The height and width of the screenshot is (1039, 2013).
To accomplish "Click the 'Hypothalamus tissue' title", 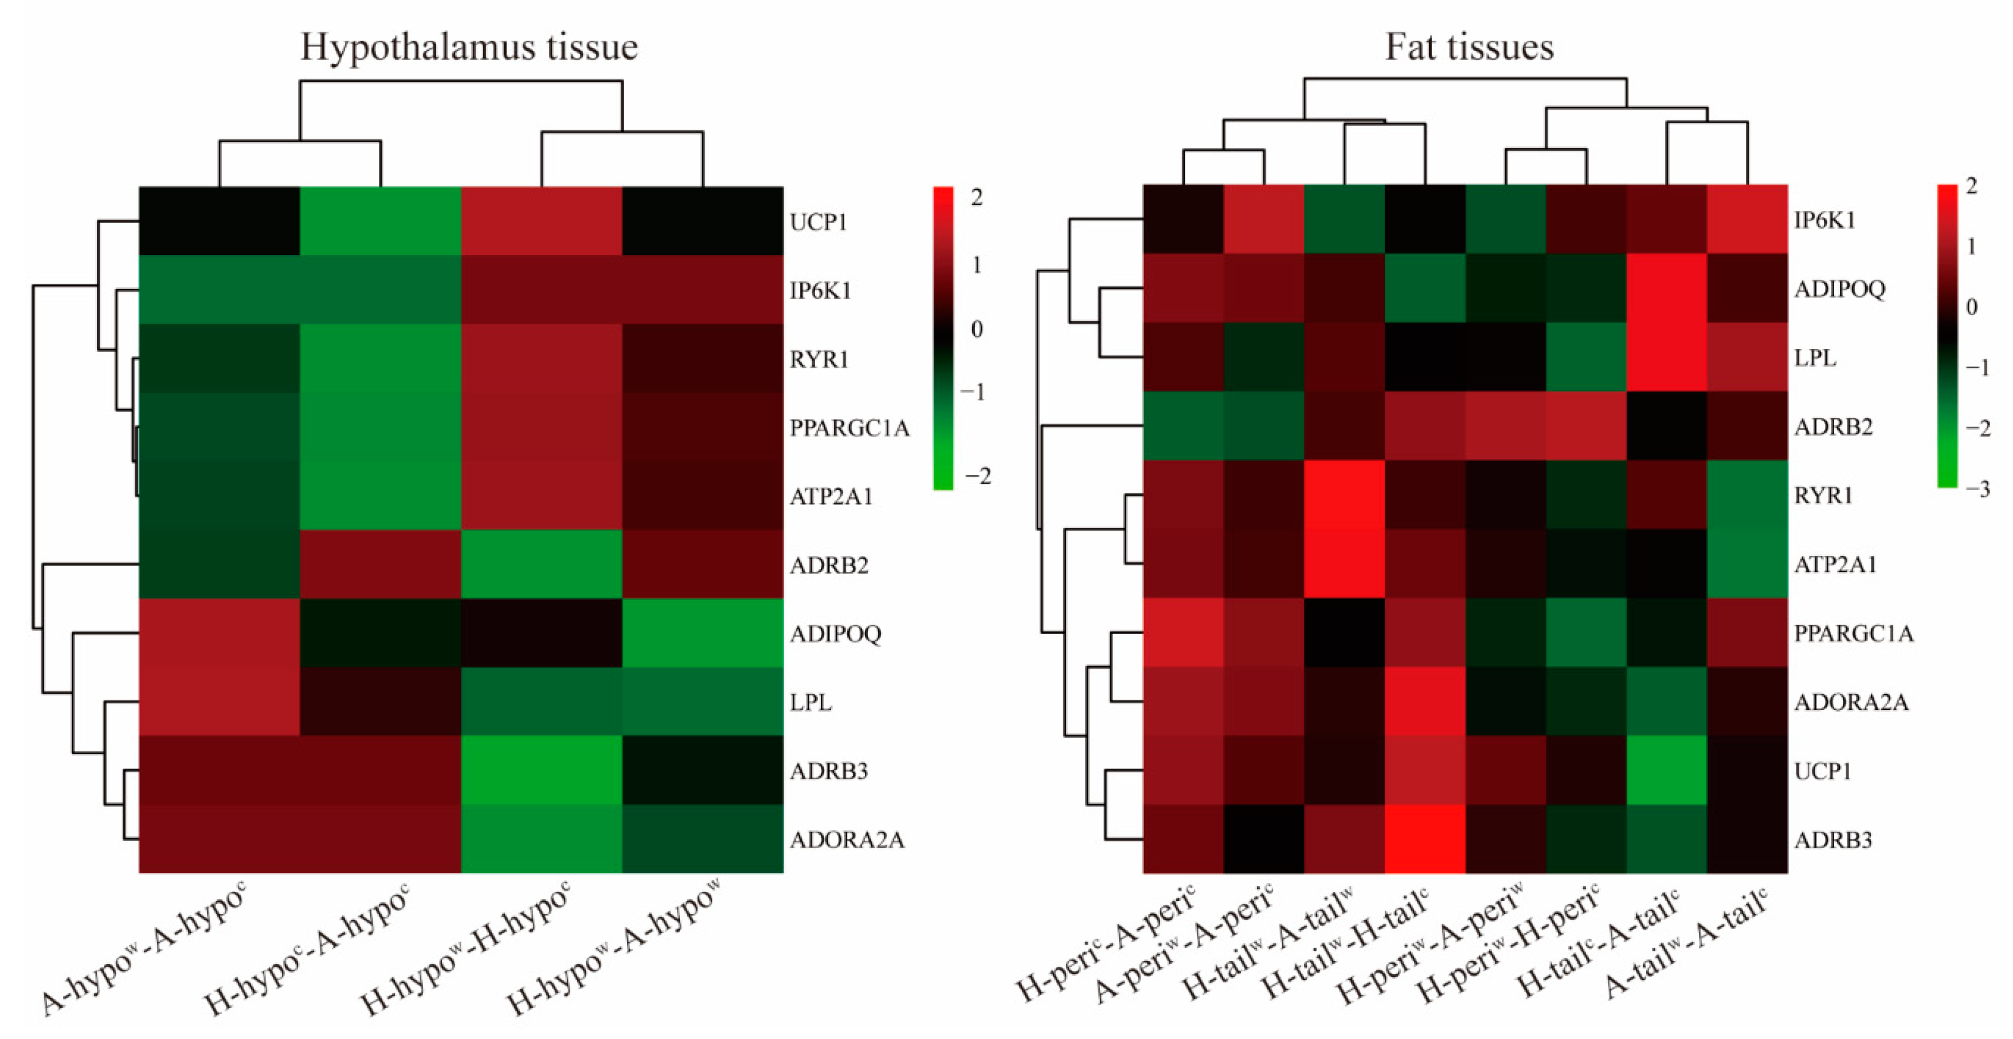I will (x=469, y=47).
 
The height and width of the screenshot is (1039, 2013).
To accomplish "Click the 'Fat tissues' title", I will (x=1469, y=47).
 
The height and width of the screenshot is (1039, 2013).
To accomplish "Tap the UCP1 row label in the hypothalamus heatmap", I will (x=818, y=222).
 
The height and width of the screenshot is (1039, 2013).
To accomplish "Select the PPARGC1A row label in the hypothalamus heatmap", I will (x=849, y=428).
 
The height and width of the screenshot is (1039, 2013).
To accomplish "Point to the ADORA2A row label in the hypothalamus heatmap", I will (x=847, y=840).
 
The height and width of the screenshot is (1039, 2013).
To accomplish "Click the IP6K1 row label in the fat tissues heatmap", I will (x=1824, y=220).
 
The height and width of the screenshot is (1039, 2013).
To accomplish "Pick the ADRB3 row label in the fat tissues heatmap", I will (x=1832, y=840).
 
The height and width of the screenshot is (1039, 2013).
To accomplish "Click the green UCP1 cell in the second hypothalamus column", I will (x=381, y=221).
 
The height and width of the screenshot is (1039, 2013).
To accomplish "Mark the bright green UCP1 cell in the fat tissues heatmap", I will (x=1666, y=770).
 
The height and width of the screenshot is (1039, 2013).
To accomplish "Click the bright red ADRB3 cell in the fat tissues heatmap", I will (x=1424, y=839).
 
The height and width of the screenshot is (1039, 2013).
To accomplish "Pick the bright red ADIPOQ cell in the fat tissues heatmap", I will (x=1666, y=288).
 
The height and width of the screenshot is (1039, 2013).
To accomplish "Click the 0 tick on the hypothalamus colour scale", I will (x=976, y=329).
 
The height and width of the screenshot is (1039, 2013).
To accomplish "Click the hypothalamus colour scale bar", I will (x=943, y=338).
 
